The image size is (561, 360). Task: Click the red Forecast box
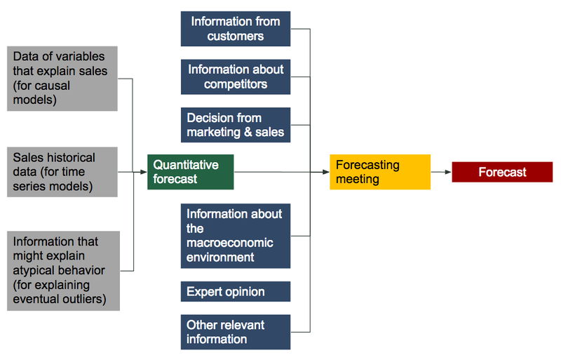502,172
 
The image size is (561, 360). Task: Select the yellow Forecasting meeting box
380,172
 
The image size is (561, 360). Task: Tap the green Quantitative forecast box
190,172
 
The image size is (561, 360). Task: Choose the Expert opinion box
236,292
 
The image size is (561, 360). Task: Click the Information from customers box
236,29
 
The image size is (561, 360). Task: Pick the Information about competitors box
236,77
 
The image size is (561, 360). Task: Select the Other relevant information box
236,332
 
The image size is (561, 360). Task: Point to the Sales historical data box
62,172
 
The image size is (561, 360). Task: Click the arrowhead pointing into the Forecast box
448,172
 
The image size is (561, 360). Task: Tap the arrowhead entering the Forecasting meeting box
325,172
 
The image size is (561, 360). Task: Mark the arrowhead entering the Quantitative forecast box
144,172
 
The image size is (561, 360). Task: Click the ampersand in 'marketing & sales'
248,132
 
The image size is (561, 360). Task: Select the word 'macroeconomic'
230,243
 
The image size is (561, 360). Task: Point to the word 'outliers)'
84,299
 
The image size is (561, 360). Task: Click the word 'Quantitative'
186,165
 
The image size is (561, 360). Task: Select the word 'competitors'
236,84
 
